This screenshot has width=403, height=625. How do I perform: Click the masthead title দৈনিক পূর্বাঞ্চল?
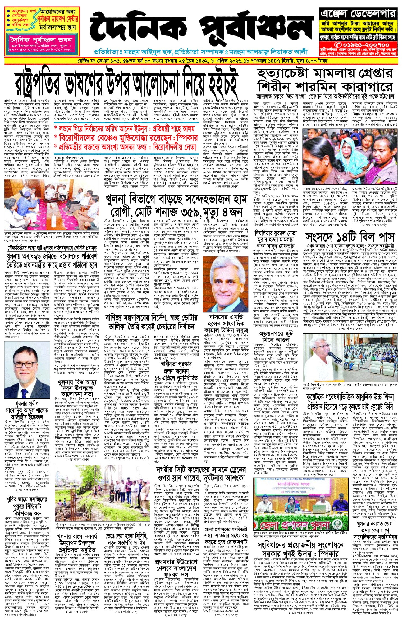[201, 29]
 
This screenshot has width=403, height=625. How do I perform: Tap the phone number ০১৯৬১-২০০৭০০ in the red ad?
[361, 45]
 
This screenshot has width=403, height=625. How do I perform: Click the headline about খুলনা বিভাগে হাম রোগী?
[176, 207]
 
